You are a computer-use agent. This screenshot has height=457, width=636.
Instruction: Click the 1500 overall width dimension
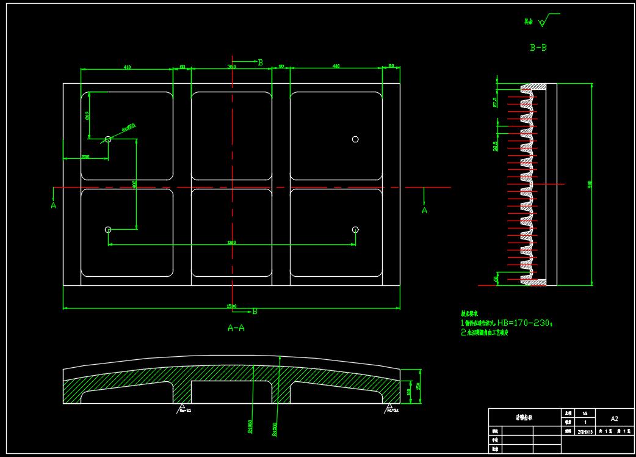232,305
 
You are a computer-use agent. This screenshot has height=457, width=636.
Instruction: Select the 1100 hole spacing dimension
231,243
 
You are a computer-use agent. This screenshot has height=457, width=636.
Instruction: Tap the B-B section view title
538,47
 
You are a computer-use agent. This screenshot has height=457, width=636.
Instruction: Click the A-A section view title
236,328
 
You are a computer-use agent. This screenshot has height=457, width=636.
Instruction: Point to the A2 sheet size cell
614,419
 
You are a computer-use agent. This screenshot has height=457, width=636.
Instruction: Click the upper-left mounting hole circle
108,139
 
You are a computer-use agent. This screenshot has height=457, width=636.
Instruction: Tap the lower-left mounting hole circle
108,229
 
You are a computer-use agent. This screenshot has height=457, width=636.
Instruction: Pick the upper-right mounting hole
355,139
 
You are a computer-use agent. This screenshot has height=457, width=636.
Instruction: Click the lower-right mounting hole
355,229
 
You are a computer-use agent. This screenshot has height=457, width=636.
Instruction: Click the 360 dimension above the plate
231,66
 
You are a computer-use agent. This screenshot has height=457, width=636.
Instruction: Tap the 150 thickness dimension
419,386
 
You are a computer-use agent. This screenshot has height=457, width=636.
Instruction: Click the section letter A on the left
53,206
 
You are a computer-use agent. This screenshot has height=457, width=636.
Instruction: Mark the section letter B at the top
260,62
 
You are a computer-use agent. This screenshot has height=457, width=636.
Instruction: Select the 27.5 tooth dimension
495,101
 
